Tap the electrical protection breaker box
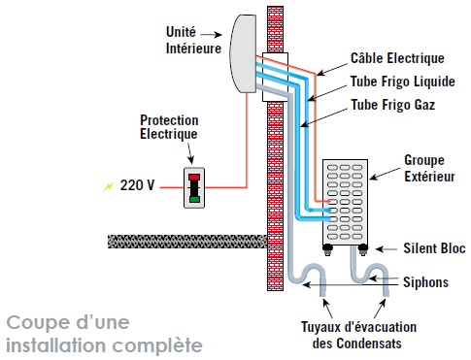pyautogui.click(x=194, y=185)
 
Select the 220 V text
pyautogui.click(x=140, y=184)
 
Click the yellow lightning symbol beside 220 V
pyautogui.click(x=107, y=184)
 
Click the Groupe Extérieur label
pyautogui.click(x=429, y=166)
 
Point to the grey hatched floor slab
pyautogui.click(x=185, y=241)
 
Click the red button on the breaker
pyautogui.click(x=194, y=177)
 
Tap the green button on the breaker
pyautogui.click(x=194, y=199)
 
